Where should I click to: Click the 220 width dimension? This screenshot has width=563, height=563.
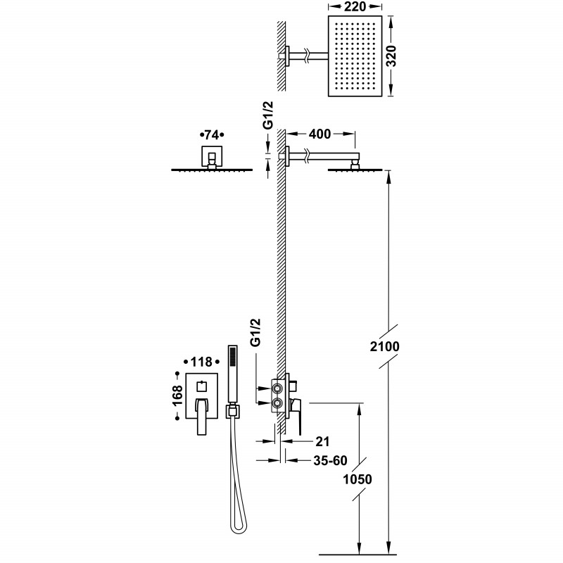pyautogui.click(x=355, y=9)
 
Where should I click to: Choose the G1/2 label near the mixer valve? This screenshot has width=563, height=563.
pyautogui.click(x=256, y=332)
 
